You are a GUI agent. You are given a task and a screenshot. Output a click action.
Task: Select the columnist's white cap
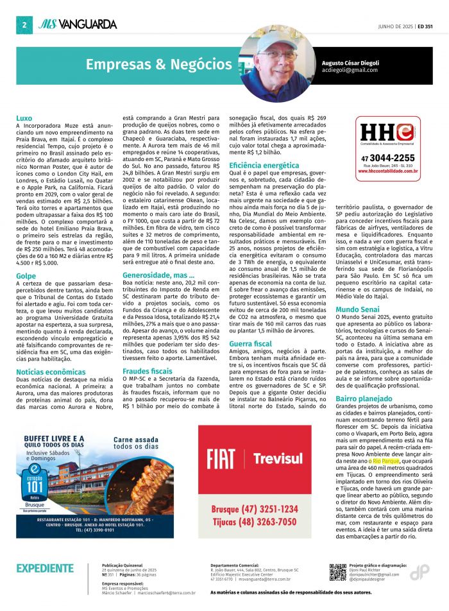click(276, 44)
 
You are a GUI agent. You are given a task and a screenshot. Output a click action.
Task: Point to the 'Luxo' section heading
click(24, 118)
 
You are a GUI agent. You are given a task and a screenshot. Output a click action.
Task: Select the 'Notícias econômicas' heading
click(51, 372)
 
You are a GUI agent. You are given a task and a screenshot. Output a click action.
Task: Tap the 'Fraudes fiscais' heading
click(148, 371)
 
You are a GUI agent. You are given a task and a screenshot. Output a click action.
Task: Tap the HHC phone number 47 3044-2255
click(387, 158)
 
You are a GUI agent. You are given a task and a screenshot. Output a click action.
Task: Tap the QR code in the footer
click(337, 571)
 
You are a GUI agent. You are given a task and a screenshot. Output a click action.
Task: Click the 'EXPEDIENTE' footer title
click(45, 568)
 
